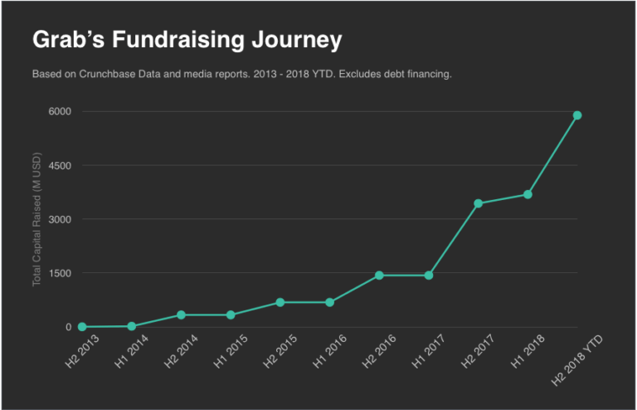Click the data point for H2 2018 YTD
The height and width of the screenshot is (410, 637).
coord(577,115)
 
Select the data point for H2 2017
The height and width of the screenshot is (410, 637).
coord(479,203)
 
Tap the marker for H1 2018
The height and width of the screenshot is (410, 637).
coord(528,194)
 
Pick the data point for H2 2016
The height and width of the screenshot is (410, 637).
coord(379,275)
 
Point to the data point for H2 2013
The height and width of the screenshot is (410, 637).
coord(82,327)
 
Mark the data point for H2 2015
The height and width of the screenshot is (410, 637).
coord(280,302)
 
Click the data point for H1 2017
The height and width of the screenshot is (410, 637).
coord(429,275)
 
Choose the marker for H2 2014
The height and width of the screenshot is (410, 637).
coord(181,315)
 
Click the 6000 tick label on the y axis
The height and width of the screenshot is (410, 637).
coord(60,111)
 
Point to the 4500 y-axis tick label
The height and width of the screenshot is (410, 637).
coord(60,165)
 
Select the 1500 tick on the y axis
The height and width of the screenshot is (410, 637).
coord(60,273)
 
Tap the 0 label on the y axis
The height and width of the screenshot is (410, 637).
coord(70,327)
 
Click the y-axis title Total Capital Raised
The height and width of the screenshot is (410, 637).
coord(37,219)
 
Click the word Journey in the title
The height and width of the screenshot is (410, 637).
coord(295,39)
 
